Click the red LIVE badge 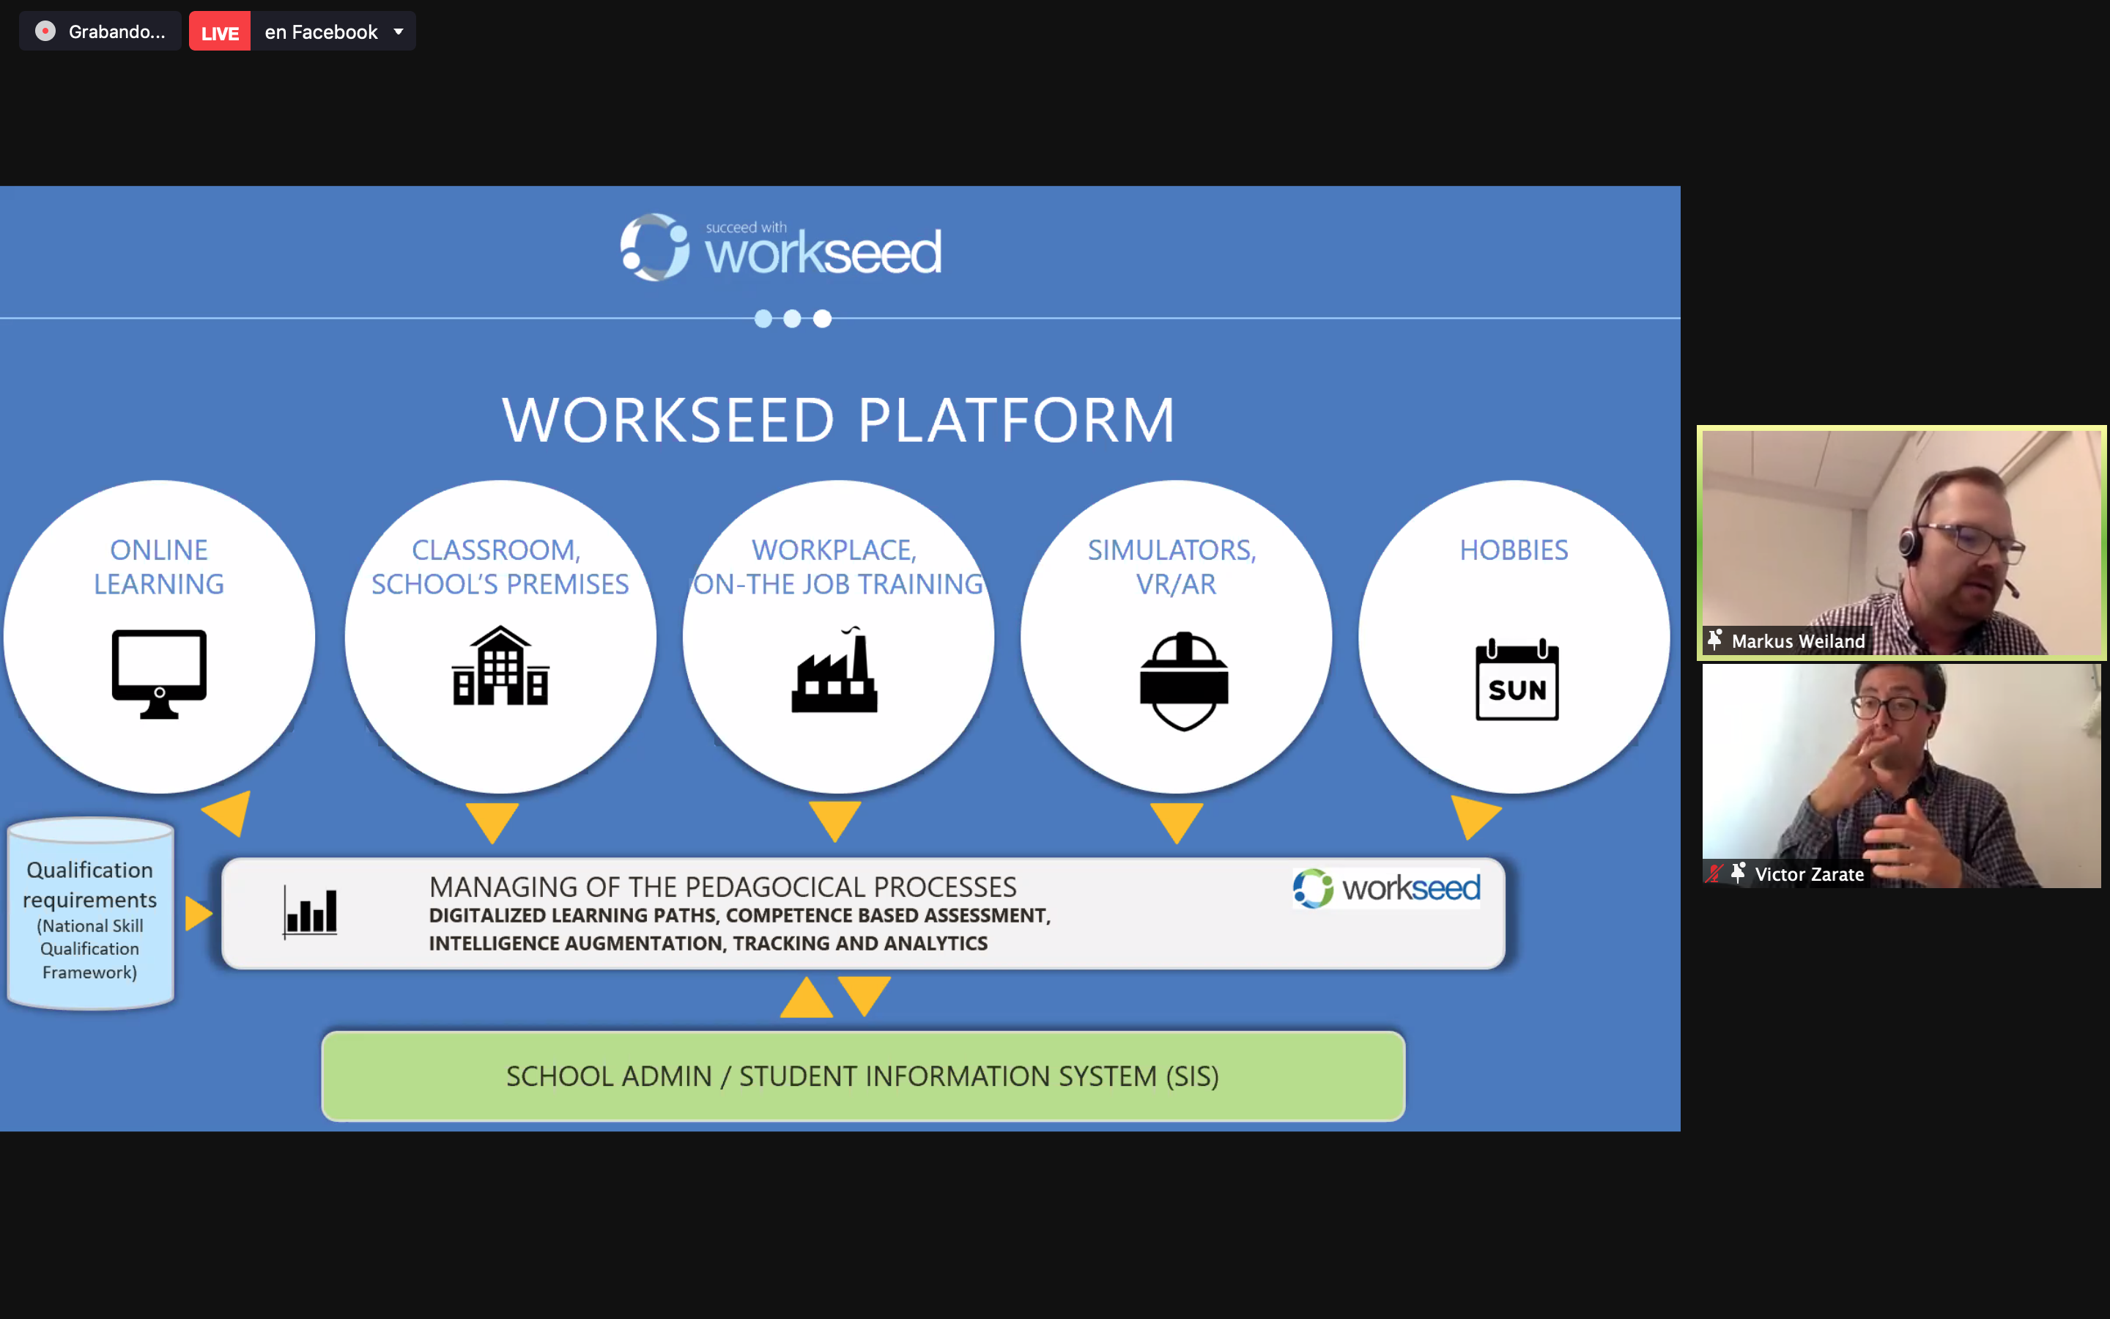(220, 32)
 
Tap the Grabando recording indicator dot (45, 32)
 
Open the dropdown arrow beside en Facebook (399, 32)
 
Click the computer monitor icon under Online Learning (160, 673)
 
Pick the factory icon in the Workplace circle (834, 669)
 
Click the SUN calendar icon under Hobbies (1517, 681)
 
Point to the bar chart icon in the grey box (311, 912)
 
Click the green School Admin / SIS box (863, 1076)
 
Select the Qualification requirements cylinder (91, 913)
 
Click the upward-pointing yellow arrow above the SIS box (806, 997)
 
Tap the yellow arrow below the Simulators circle (1177, 821)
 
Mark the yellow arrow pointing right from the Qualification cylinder (198, 913)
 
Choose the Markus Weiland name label (1798, 641)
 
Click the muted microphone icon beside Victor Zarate (1714, 873)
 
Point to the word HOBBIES (1514, 550)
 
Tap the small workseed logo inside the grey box (1386, 888)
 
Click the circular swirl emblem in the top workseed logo (655, 247)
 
